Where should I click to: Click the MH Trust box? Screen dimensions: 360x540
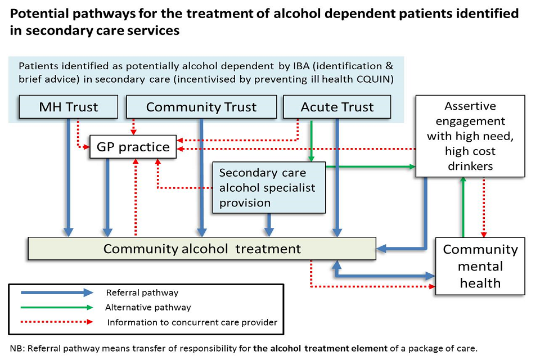click(69, 107)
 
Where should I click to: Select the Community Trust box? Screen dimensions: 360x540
click(201, 107)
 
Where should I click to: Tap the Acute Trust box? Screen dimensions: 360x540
click(337, 107)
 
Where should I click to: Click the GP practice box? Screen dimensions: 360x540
click(133, 147)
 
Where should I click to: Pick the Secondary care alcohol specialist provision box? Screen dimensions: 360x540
click(269, 188)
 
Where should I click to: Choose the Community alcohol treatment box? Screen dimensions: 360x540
click(202, 249)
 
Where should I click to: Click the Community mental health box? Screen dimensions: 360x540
click(480, 266)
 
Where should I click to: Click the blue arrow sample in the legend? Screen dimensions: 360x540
click(56, 292)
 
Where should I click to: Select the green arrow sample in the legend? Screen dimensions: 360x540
click(56, 307)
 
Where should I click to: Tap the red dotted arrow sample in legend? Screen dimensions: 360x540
click(56, 322)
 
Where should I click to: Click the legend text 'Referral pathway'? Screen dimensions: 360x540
click(142, 292)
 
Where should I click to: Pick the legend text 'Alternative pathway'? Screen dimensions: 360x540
click(148, 308)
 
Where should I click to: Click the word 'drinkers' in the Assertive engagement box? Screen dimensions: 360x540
click(470, 166)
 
